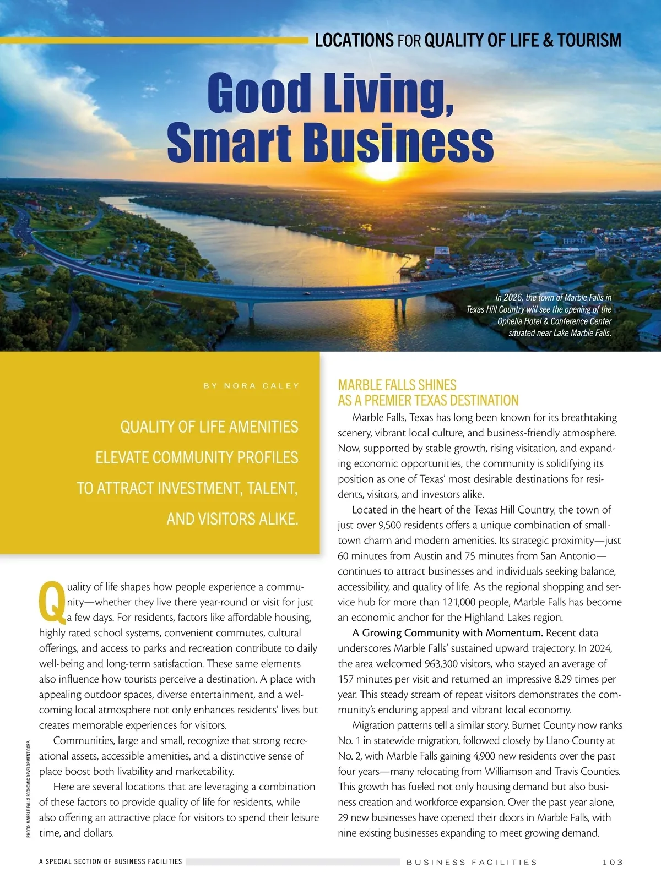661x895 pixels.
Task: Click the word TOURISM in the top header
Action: pos(589,40)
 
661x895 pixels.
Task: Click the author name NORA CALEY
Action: pos(262,386)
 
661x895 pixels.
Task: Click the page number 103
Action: pos(613,862)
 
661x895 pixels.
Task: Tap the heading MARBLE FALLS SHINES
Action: pos(397,385)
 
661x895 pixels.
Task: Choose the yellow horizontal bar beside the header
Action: pos(154,40)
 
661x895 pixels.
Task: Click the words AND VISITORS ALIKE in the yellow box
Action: pos(232,519)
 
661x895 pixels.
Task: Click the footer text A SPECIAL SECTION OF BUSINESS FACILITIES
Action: pos(110,861)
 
